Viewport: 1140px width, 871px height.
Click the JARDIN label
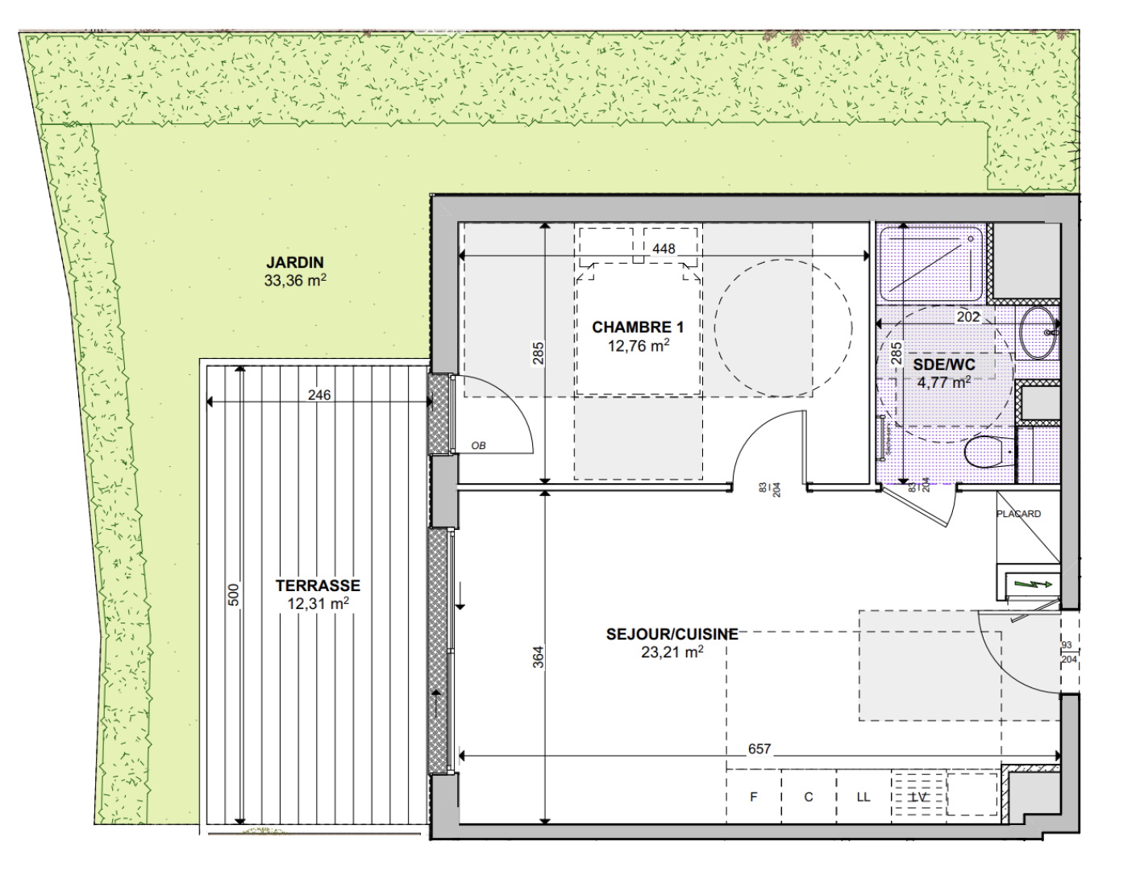tap(295, 262)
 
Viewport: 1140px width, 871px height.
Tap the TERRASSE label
tap(318, 586)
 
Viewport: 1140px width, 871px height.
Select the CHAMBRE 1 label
tap(638, 327)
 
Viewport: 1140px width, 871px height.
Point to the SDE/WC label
tap(943, 365)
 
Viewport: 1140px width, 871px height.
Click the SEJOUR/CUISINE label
tap(672, 634)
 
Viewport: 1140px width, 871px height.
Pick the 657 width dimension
tap(759, 748)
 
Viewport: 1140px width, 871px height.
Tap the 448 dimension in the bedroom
tap(664, 248)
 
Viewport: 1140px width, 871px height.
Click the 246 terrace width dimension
tap(319, 395)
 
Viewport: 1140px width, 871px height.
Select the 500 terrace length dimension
tap(234, 594)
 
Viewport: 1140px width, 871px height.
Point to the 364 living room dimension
tap(539, 657)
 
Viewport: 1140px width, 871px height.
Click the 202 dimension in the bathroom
tap(967, 317)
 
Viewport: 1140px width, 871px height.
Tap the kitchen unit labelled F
tap(754, 797)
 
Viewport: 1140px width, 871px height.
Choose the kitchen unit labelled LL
tap(863, 797)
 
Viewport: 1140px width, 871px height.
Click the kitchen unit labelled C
tap(809, 797)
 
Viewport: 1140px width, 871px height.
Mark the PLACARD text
tap(1018, 514)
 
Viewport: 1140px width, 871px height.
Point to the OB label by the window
tap(478, 446)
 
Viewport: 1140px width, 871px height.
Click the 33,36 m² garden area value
tap(295, 280)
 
